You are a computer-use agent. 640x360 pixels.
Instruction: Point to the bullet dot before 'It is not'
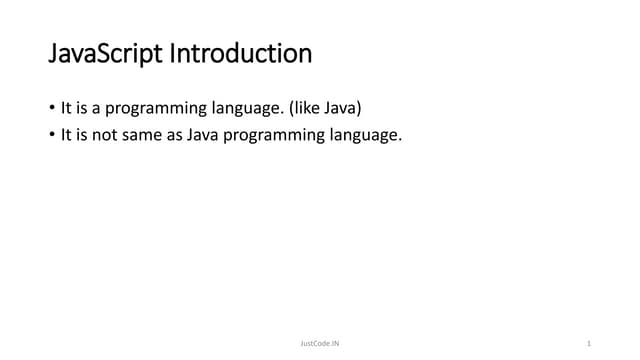(x=52, y=135)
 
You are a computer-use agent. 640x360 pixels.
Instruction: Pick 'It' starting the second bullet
(x=65, y=135)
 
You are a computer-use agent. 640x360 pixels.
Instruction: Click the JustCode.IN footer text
(x=320, y=343)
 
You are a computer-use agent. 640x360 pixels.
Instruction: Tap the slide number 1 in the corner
(x=589, y=343)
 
